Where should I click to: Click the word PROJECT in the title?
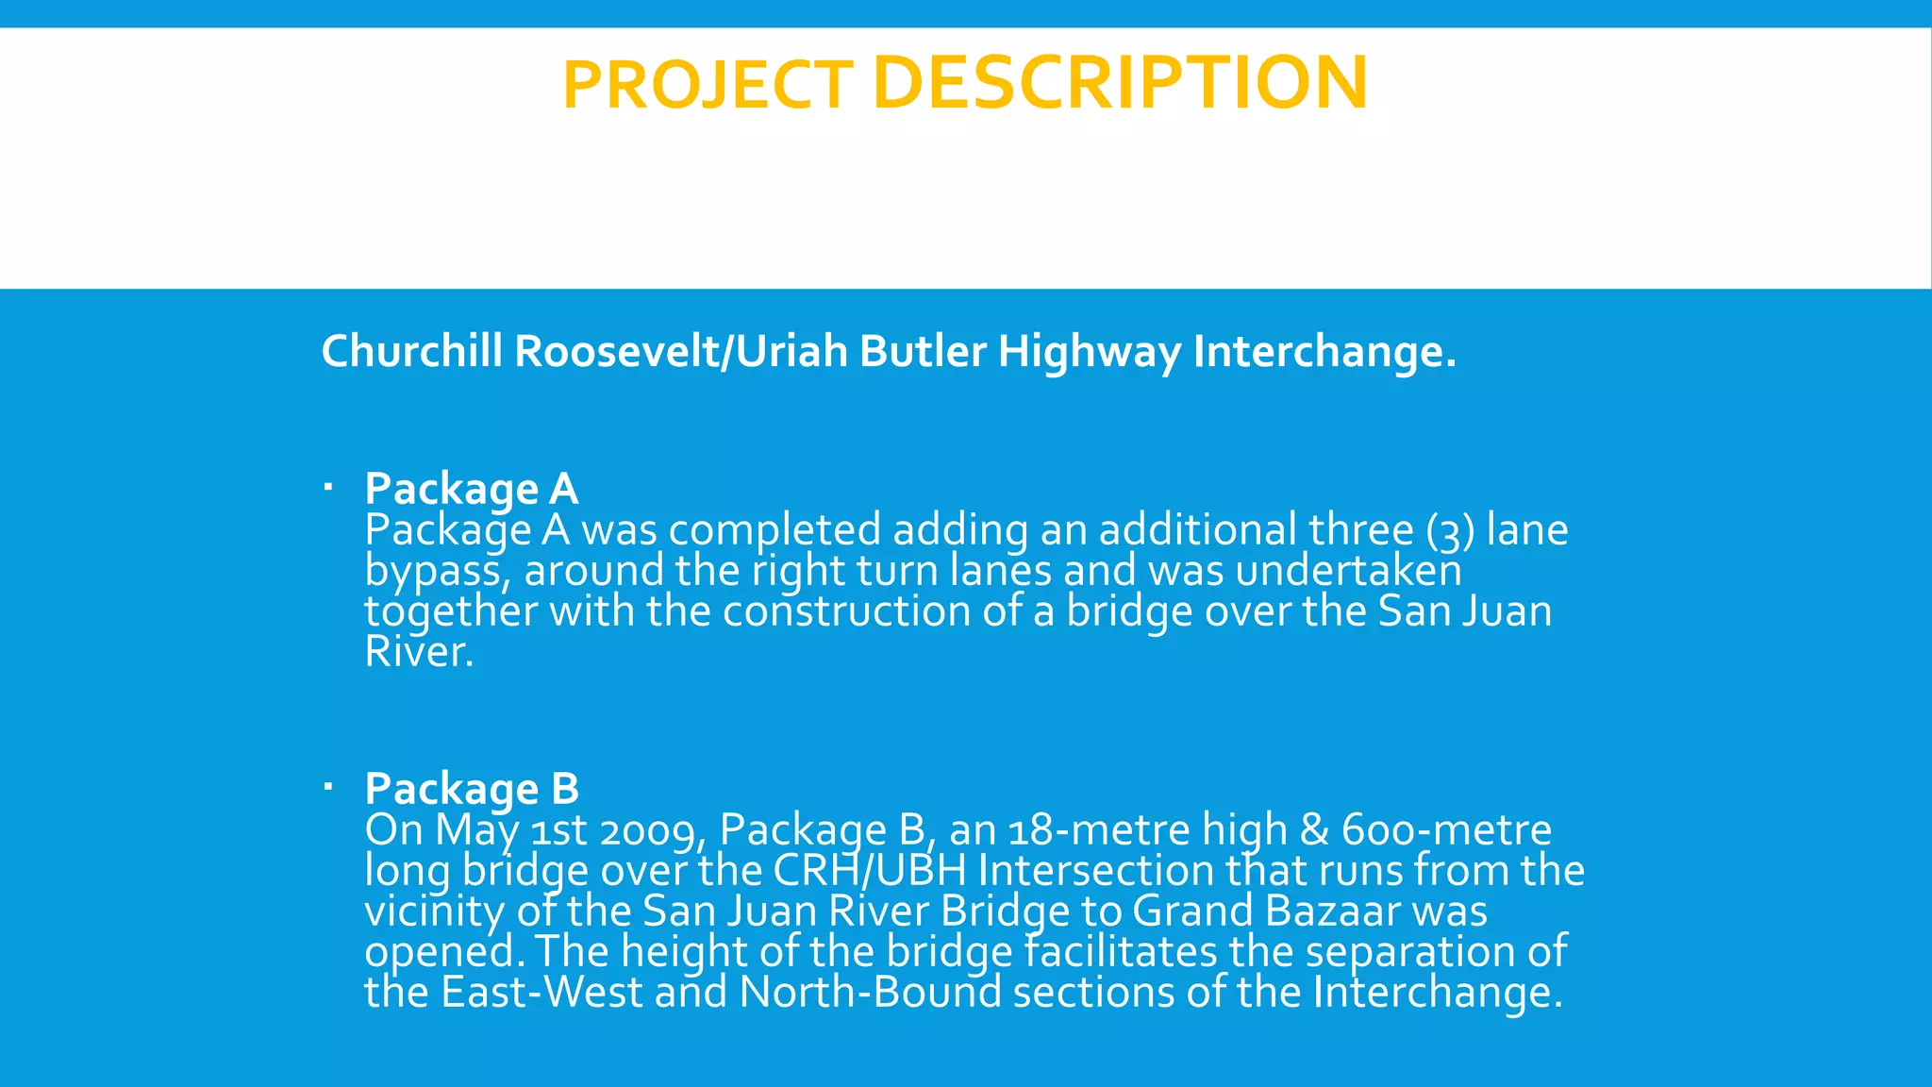[x=708, y=86]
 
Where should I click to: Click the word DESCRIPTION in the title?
[x=1120, y=83]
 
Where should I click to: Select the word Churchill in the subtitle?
[x=411, y=351]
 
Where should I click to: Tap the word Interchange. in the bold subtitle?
[x=1324, y=351]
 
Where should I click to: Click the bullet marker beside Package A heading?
[x=327, y=488]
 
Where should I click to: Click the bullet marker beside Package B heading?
[x=327, y=786]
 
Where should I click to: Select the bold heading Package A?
[x=471, y=489]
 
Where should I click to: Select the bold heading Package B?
[x=471, y=789]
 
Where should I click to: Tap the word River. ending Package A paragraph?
[x=419, y=652]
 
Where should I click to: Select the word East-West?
[x=541, y=993]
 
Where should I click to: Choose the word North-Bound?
[x=870, y=993]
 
